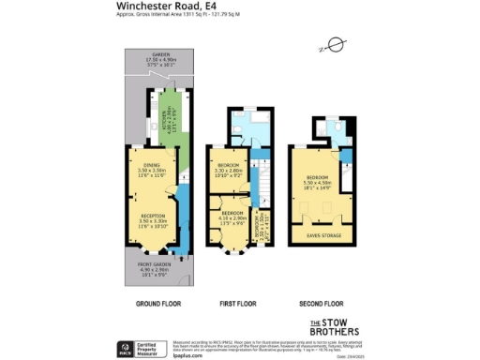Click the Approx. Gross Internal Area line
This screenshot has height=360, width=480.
[x=166, y=16]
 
